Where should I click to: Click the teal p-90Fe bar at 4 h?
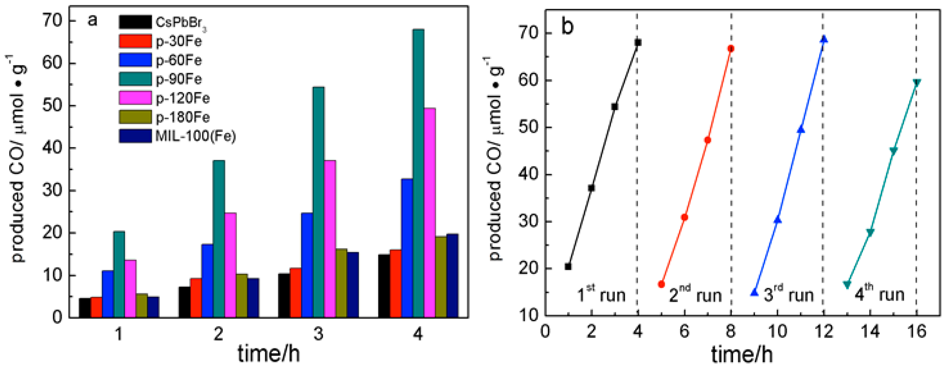(x=418, y=173)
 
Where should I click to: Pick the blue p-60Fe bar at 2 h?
(x=207, y=280)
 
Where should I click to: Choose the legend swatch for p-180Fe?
(x=135, y=117)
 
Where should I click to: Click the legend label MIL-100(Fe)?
(x=196, y=136)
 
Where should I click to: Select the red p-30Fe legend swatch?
(x=135, y=41)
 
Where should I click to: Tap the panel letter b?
(x=567, y=27)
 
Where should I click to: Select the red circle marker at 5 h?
(x=661, y=284)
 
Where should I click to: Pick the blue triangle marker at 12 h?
(x=824, y=39)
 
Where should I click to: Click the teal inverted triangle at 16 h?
(x=917, y=82)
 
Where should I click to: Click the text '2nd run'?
(x=695, y=295)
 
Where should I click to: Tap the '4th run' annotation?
(x=879, y=294)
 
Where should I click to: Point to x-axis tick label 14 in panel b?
(x=870, y=332)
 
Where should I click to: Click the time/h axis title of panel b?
(x=742, y=355)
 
